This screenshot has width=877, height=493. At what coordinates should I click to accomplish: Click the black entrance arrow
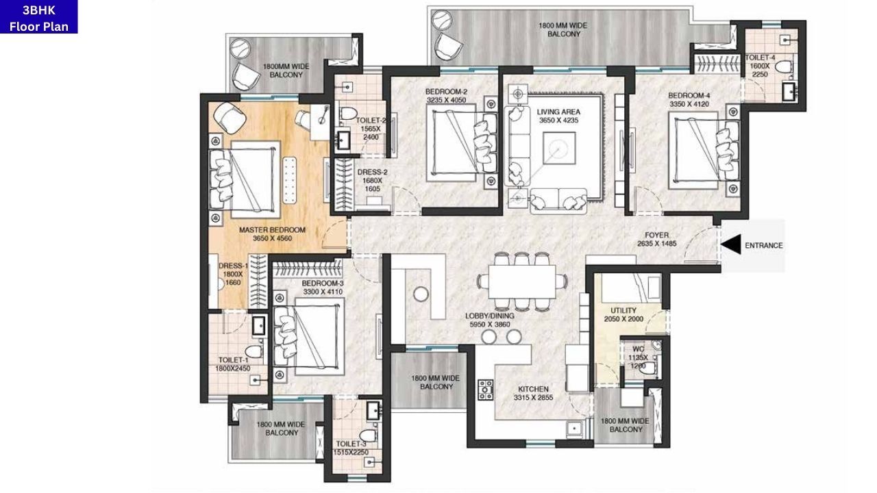tap(732, 244)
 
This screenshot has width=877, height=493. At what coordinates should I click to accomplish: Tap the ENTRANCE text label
tap(763, 245)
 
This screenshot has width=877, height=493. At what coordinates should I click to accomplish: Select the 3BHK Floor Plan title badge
tap(39, 17)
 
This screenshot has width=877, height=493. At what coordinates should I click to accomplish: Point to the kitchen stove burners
tap(486, 390)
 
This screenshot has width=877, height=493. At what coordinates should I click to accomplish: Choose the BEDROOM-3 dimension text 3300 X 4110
tap(322, 292)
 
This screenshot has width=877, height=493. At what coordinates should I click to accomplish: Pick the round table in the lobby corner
tap(421, 293)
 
